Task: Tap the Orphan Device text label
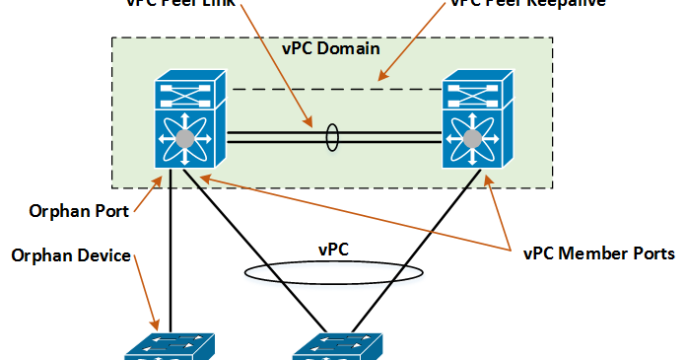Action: point(71,255)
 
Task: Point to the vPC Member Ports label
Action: point(598,252)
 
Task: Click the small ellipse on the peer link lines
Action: point(332,137)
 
